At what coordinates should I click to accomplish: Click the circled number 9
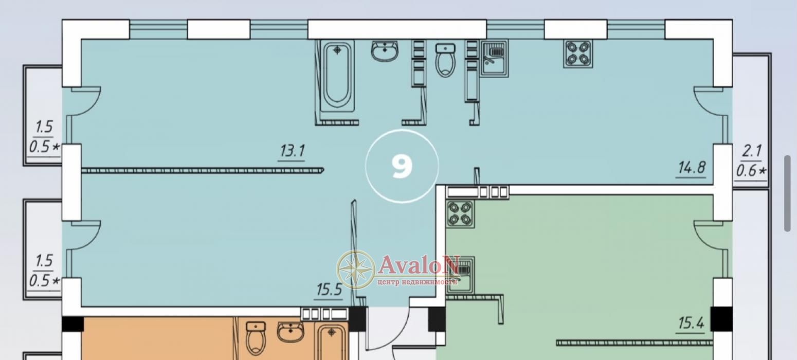[402, 167]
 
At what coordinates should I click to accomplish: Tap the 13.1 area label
[292, 151]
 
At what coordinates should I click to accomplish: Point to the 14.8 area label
[691, 168]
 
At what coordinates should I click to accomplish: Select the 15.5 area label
[329, 290]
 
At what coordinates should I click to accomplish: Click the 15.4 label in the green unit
[691, 323]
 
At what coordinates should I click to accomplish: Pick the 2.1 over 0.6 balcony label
[751, 161]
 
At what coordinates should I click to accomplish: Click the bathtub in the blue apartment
[337, 77]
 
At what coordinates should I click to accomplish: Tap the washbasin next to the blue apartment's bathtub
[384, 51]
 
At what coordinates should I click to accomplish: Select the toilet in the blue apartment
[445, 60]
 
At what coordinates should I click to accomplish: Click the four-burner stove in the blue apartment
[578, 53]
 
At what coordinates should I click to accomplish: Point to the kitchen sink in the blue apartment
[494, 58]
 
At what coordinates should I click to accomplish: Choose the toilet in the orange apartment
[256, 338]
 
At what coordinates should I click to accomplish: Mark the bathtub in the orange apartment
[332, 342]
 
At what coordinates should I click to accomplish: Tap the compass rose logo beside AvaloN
[356, 269]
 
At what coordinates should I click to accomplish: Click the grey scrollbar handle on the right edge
[787, 193]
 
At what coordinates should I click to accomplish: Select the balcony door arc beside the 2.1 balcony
[709, 101]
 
